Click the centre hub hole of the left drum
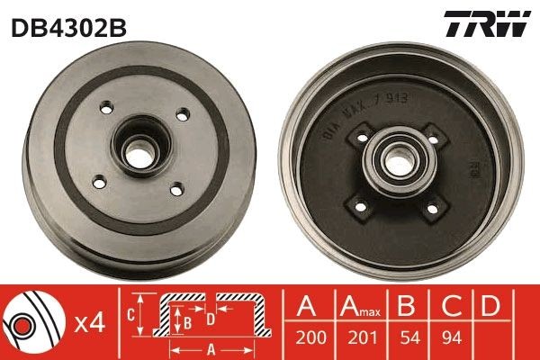point(139,153)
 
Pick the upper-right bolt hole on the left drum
point(183,114)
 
